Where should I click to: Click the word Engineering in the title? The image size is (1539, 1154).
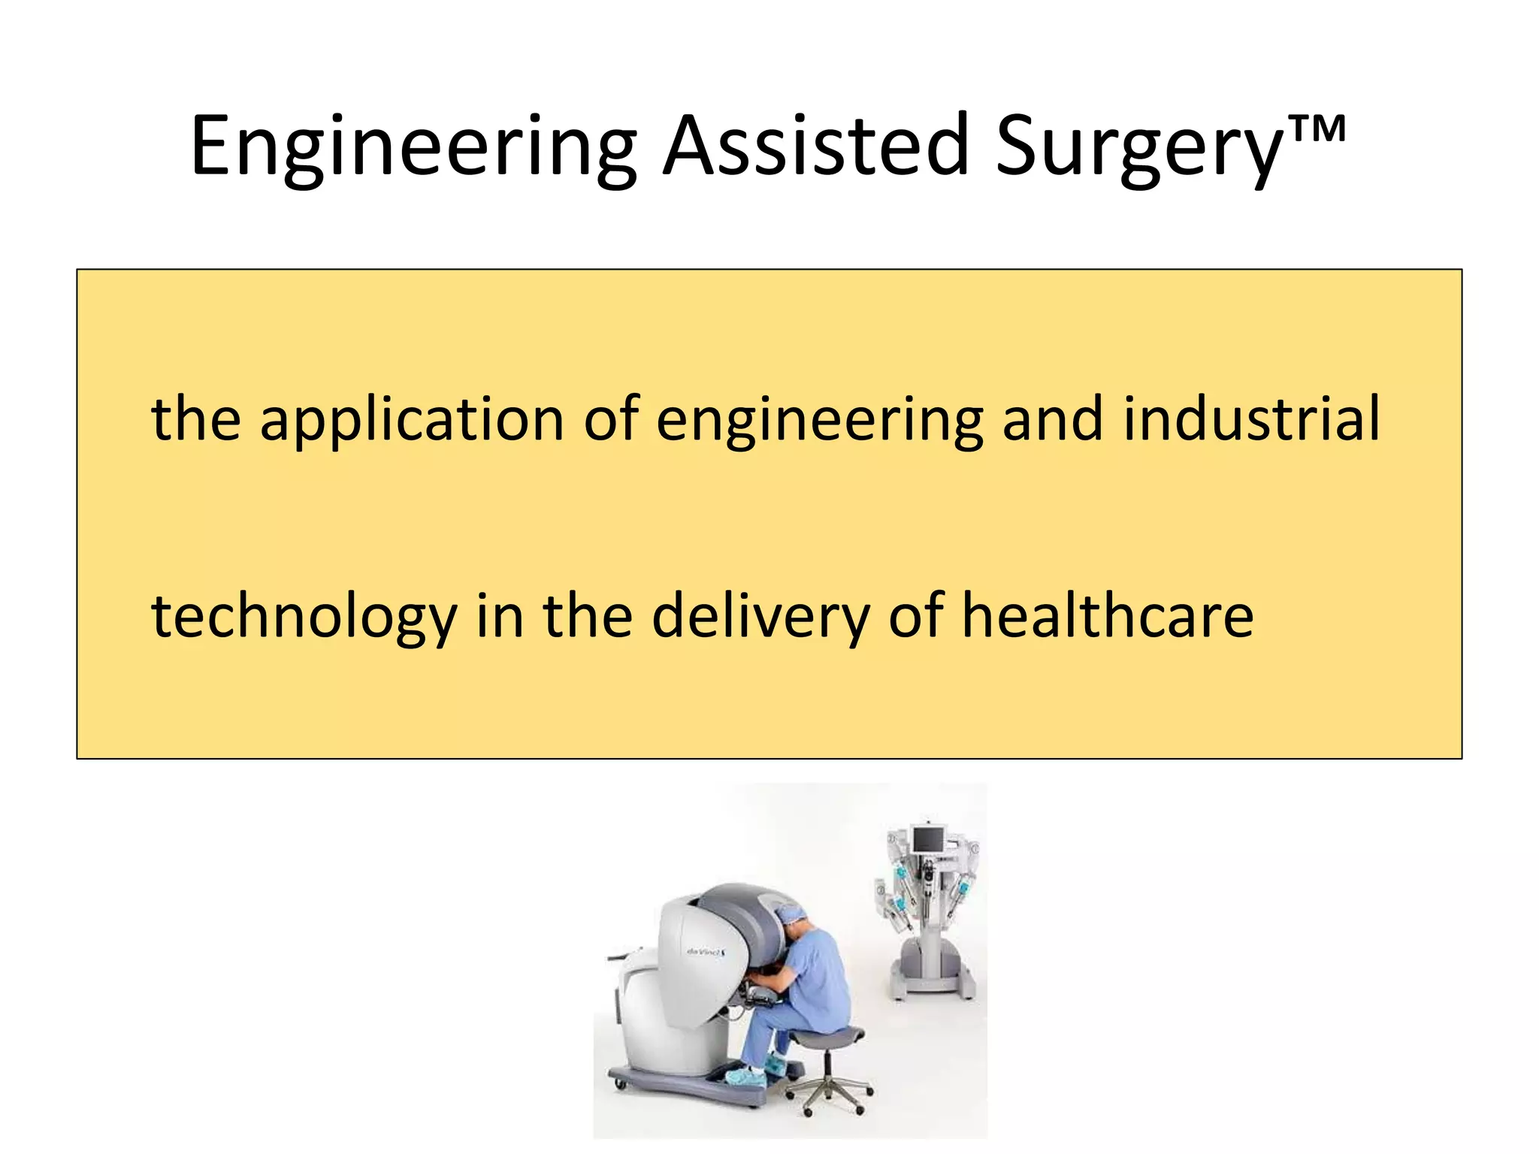coord(413,147)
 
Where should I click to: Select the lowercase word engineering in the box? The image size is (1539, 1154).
coord(819,421)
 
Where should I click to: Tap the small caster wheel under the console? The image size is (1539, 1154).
coord(619,1084)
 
